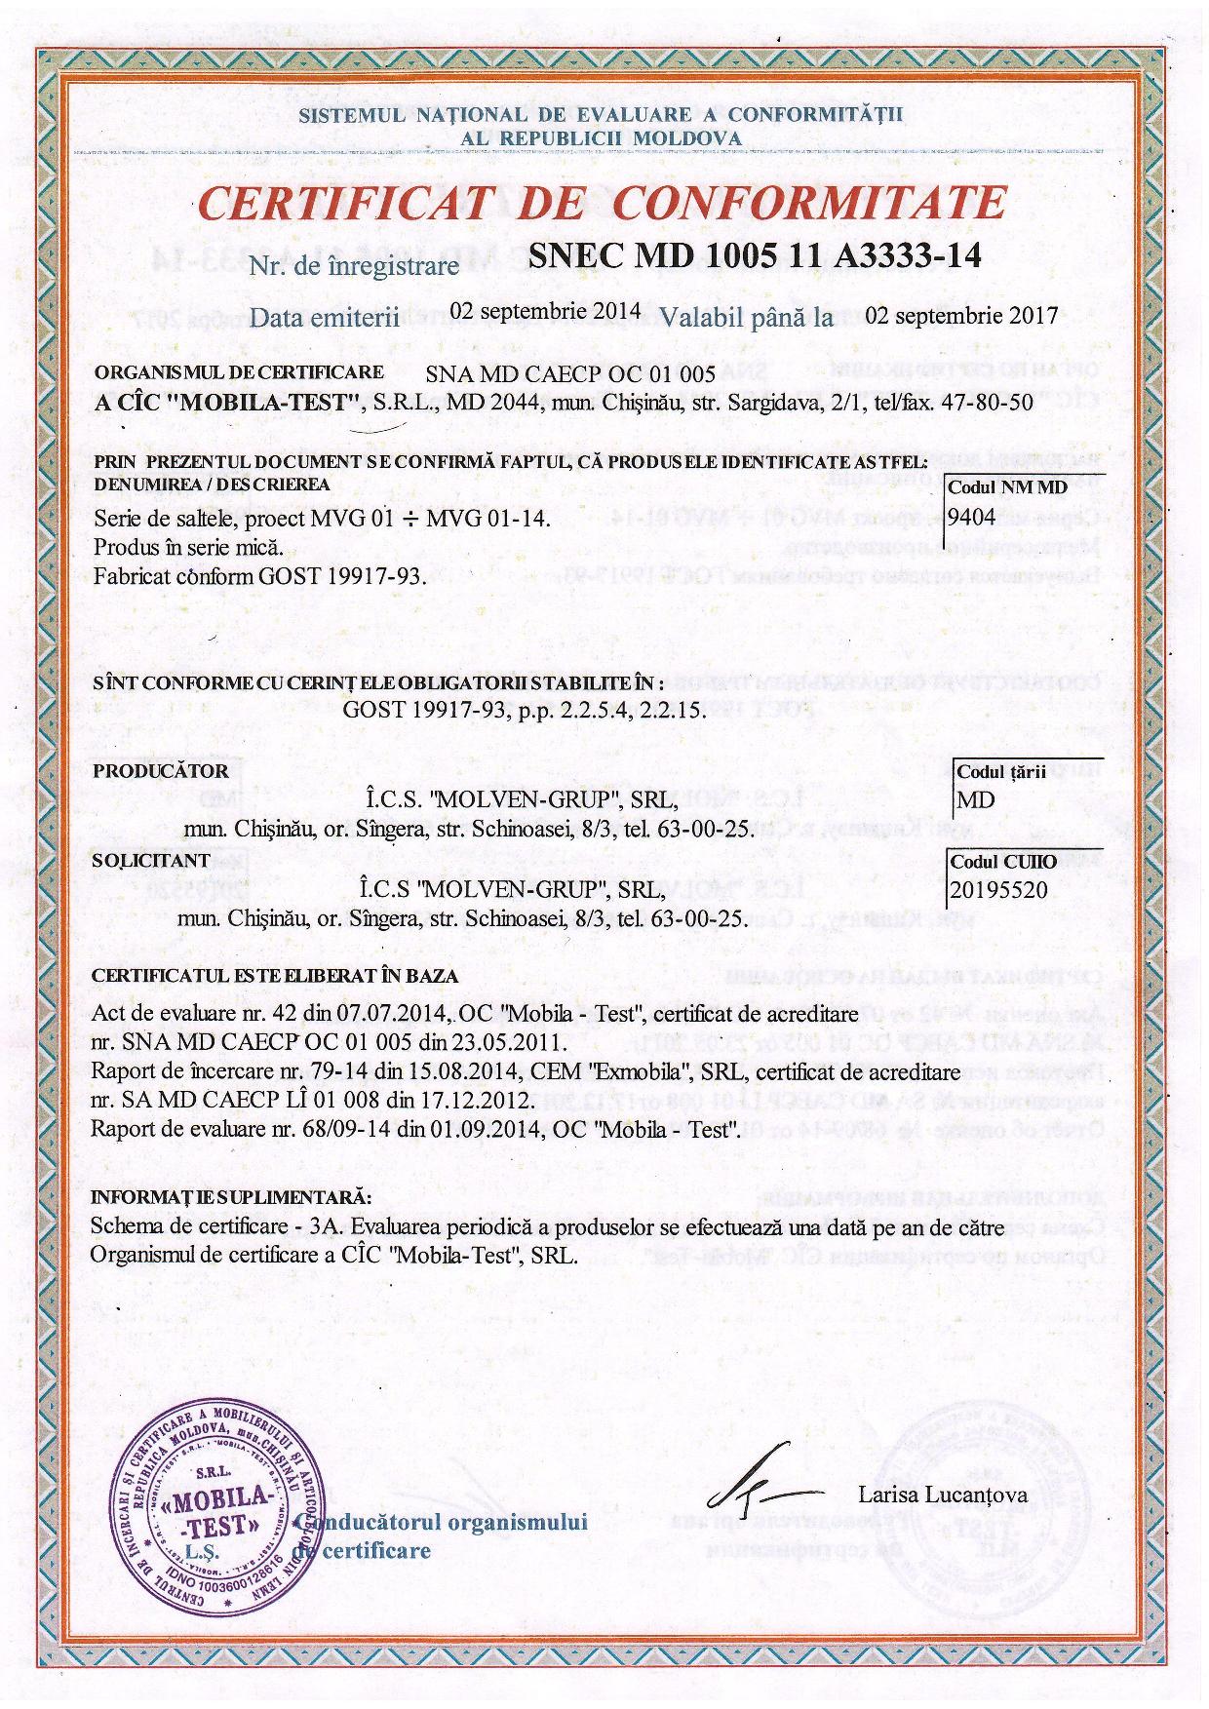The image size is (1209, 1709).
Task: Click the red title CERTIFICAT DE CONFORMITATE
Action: [602, 204]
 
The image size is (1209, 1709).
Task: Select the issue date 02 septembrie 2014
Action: [546, 312]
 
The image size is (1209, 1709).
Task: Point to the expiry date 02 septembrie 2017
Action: [961, 316]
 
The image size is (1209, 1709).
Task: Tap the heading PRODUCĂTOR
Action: [161, 771]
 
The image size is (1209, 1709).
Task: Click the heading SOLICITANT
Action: [150, 860]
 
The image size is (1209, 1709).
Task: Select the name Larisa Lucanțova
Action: [943, 1495]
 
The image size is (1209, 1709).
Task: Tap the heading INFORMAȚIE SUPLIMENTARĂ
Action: [231, 1196]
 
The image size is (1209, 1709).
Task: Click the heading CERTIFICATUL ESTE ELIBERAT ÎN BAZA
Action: [275, 975]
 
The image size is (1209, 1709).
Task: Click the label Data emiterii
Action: [325, 318]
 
